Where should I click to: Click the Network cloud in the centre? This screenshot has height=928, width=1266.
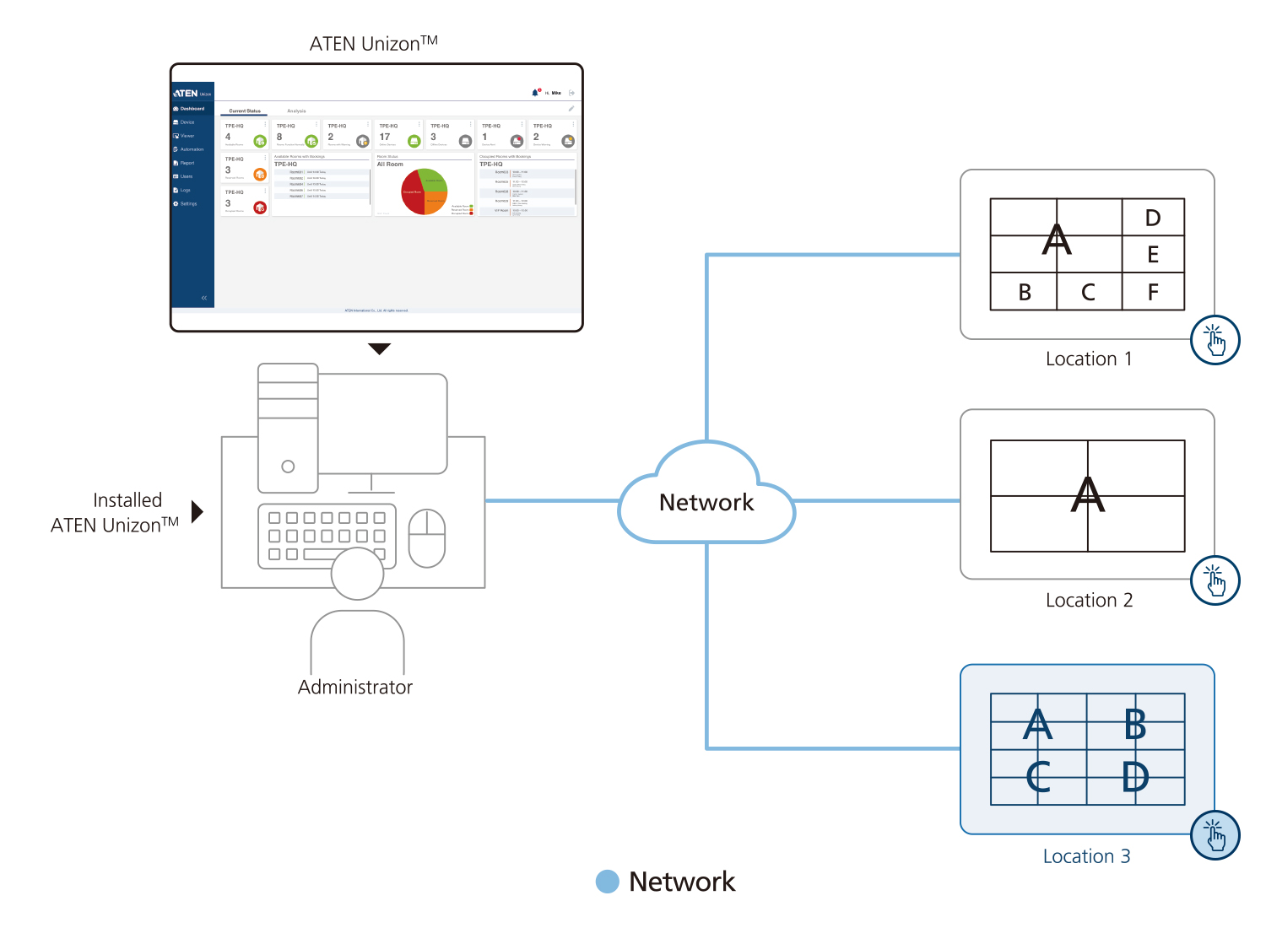click(706, 501)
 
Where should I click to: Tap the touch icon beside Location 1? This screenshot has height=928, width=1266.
click(1215, 340)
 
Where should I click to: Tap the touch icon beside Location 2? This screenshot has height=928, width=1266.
click(1215, 580)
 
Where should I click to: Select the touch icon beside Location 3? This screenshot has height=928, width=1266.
click(1215, 835)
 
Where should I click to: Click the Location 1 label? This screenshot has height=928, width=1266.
click(1088, 359)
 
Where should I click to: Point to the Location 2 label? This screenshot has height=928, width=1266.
click(1089, 600)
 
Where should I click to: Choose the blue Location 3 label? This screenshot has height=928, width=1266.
click(1086, 856)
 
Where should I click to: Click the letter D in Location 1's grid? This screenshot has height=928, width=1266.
click(1153, 218)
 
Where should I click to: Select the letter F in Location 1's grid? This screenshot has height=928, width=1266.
click(1153, 292)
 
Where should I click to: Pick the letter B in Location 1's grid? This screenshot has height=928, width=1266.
click(1025, 292)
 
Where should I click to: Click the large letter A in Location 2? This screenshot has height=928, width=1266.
click(1087, 494)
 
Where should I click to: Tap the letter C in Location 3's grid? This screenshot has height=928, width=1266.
click(1038, 777)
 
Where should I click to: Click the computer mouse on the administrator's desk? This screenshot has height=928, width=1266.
click(427, 538)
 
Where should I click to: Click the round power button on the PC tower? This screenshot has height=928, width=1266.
click(288, 467)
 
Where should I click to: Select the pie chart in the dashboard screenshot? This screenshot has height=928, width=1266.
click(425, 192)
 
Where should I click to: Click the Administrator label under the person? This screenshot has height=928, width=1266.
click(355, 687)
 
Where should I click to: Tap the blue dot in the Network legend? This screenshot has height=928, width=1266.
click(607, 882)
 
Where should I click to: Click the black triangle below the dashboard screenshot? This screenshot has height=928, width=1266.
click(380, 348)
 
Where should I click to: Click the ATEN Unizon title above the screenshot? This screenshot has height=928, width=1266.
click(373, 43)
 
